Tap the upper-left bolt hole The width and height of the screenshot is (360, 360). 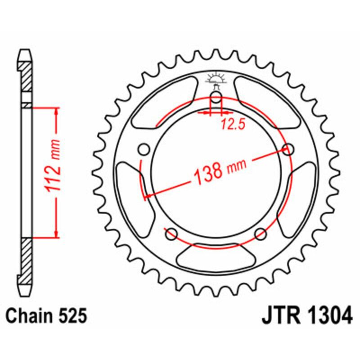pos(144,149)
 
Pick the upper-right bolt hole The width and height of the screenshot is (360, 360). pos(288,149)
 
